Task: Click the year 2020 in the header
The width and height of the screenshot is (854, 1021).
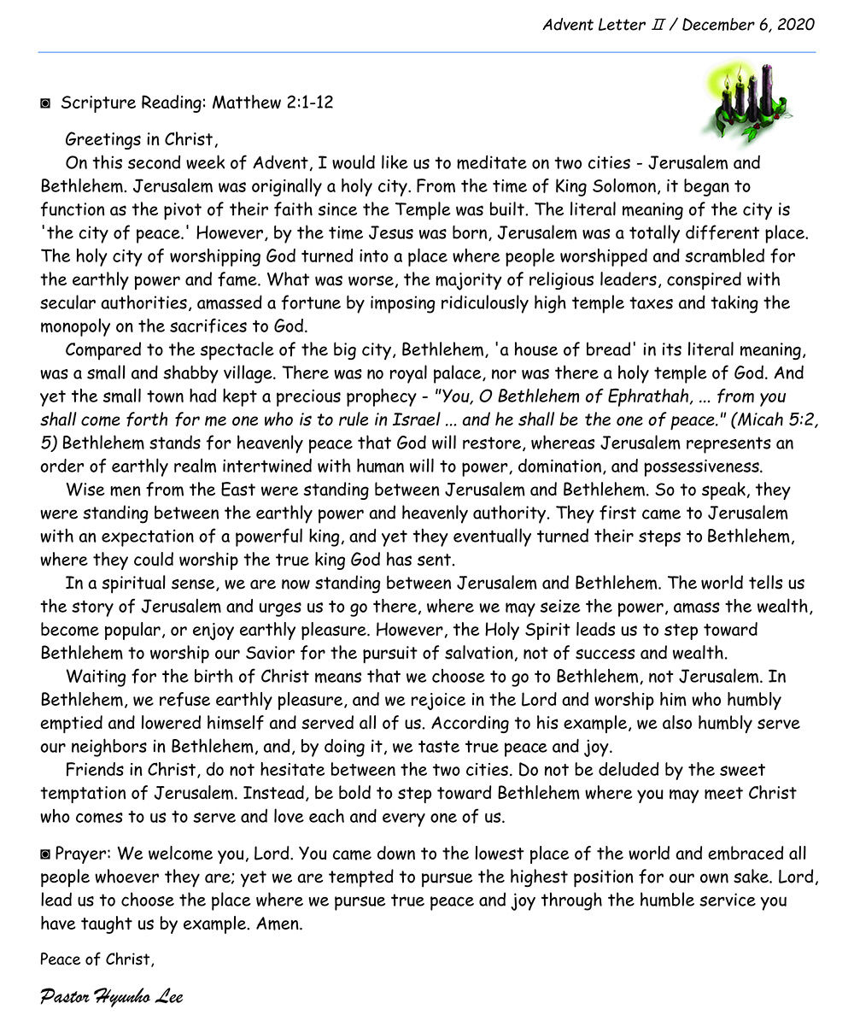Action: (795, 24)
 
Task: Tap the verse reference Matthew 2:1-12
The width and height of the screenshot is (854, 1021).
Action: (272, 103)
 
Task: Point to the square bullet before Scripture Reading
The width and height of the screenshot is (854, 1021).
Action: (45, 103)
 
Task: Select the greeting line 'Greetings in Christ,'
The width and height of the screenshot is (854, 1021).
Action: (141, 139)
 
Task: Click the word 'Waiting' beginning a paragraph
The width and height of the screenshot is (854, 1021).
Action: (96, 676)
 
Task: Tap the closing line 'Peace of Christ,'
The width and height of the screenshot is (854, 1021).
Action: (97, 959)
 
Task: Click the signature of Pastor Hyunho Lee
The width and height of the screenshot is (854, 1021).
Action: (111, 996)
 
